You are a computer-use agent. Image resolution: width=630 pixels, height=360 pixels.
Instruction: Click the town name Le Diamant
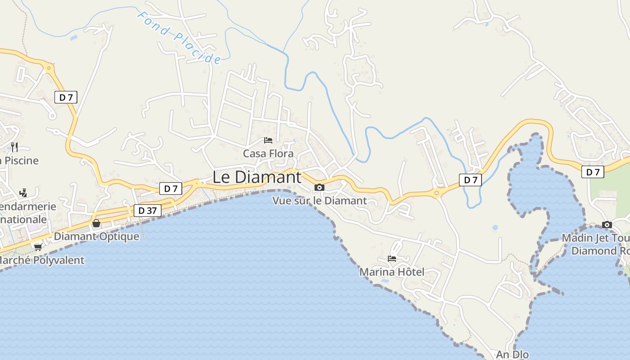tap(256, 177)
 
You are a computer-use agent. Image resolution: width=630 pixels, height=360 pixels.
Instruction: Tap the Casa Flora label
tap(268, 153)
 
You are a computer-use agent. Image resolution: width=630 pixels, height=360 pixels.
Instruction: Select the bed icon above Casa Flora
tap(268, 140)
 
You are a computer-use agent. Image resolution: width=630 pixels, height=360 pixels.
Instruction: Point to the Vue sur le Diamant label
tap(319, 201)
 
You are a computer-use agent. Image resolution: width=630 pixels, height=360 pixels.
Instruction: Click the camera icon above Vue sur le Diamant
tap(319, 187)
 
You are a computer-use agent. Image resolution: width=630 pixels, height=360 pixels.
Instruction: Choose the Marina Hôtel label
tap(391, 272)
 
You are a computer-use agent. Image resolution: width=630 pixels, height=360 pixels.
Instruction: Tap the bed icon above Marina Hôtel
tap(392, 259)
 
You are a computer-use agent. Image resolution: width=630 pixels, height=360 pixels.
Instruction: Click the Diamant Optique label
tap(96, 236)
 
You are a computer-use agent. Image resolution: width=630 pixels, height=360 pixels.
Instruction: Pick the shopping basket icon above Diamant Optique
tap(96, 223)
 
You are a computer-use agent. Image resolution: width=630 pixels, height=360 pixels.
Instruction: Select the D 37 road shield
tap(148, 210)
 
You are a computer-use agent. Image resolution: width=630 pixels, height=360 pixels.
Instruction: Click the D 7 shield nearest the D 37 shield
tap(171, 189)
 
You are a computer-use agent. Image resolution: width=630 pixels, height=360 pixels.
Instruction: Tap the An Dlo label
tap(512, 355)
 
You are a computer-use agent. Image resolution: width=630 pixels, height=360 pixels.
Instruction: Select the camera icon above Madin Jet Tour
tap(607, 225)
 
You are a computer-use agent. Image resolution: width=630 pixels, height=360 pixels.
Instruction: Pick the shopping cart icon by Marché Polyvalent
tap(38, 247)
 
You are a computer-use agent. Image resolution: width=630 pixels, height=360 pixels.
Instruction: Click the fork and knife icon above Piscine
tap(14, 147)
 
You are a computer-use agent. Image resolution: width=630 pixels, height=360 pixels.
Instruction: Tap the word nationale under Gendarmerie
tap(23, 220)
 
